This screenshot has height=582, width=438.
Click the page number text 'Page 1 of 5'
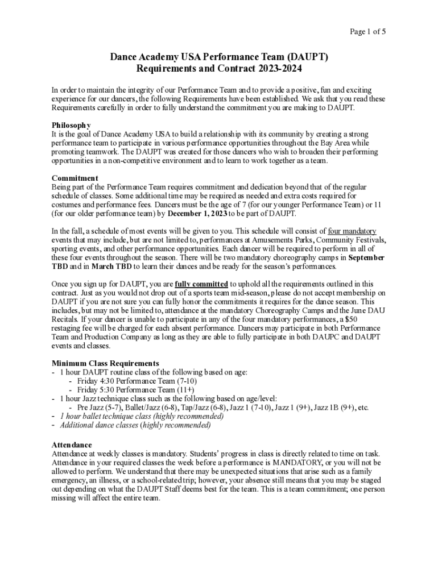367,32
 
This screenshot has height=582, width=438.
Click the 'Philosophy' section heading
71,125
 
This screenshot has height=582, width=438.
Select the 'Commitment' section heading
75,178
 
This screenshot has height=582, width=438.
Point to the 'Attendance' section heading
72,444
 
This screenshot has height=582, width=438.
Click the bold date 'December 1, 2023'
196,213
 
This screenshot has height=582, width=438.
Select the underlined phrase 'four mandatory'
352,231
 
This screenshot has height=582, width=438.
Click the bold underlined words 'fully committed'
201,284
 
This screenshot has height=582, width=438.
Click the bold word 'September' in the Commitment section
366,257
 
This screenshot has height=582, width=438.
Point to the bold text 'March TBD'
113,267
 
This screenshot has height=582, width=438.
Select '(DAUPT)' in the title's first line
307,57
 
